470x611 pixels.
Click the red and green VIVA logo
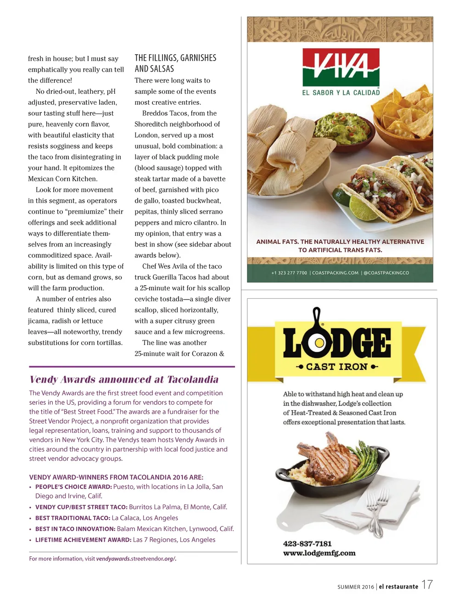pos(341,67)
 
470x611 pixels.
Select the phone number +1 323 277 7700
pos(289,273)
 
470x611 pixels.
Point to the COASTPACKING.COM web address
pos(335,273)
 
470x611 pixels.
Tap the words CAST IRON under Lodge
pos(337,367)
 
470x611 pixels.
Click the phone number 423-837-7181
pos(307,543)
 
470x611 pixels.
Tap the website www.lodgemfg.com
pos(319,553)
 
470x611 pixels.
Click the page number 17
pos(427,585)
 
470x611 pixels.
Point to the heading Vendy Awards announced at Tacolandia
pos(124,379)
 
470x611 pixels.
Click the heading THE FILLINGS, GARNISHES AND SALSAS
pos(175,63)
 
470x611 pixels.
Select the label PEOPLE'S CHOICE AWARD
pos(73,487)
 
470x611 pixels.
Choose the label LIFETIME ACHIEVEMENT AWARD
pos(83,540)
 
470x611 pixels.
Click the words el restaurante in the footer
pos(398,587)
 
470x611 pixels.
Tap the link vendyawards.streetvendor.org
pos(136,559)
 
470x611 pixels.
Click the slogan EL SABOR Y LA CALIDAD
pos(341,93)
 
